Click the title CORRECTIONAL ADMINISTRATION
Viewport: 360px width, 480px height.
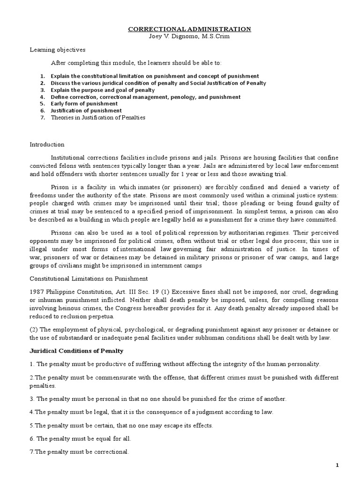tap(190, 29)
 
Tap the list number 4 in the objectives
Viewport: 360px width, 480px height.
tap(42, 97)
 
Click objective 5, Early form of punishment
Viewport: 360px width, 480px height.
tap(84, 104)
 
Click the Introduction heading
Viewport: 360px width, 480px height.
tap(47, 144)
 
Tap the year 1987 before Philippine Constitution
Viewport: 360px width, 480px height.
tap(37, 292)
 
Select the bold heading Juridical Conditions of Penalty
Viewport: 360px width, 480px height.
tap(80, 350)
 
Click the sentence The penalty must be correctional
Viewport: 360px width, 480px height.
tap(79, 452)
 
